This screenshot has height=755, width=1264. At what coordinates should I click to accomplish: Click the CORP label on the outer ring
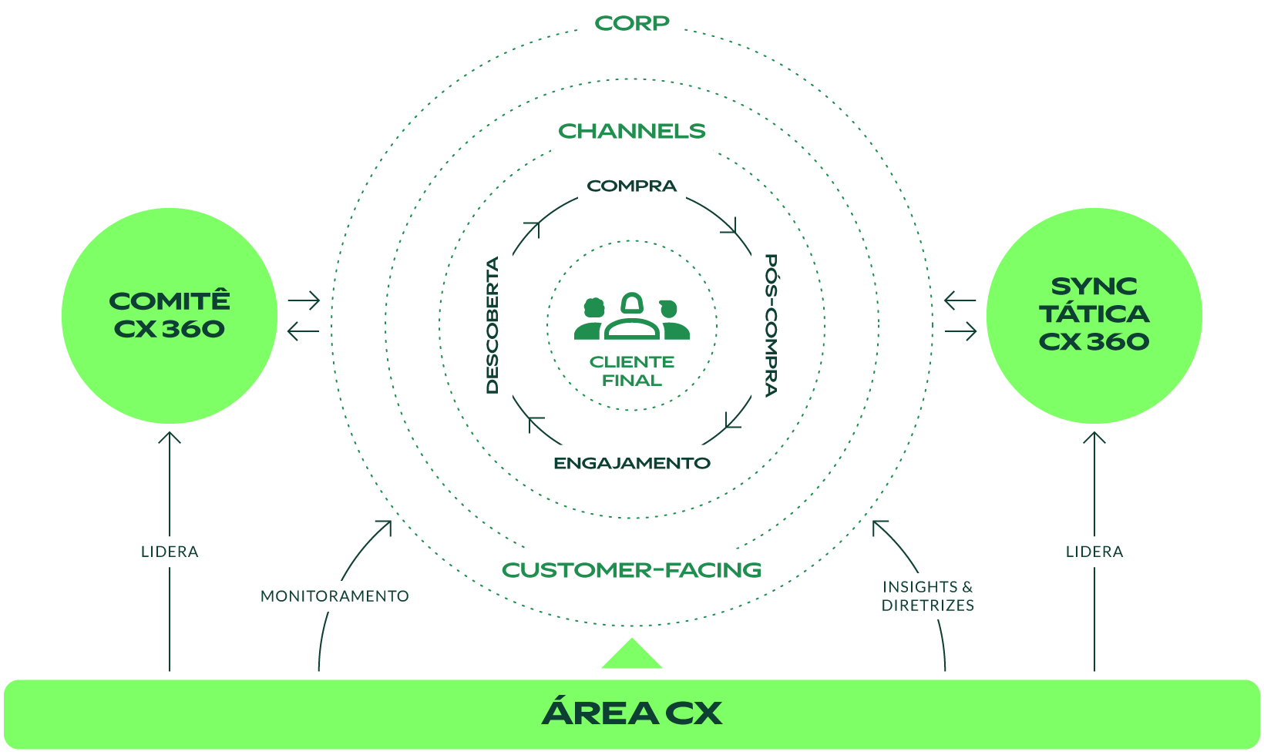pos(632,24)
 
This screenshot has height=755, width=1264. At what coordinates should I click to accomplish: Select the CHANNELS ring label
pos(632,132)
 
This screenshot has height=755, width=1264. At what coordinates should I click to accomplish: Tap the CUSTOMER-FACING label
pos(632,570)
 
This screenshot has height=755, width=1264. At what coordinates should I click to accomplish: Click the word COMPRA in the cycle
pos(632,186)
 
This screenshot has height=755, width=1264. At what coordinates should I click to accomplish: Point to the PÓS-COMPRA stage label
pos(770,325)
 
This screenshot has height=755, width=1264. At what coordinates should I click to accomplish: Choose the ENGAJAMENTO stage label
pos(632,464)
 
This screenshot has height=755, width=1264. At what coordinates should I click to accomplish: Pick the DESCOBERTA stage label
pos(493,325)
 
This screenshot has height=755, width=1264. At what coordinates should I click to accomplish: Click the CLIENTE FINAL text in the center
pos(632,371)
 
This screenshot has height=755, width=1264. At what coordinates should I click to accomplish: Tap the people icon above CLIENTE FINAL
pos(632,317)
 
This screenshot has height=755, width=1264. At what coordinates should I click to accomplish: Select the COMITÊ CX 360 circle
pos(170,316)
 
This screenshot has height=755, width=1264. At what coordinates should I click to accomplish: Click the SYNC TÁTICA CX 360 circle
pos(1094,316)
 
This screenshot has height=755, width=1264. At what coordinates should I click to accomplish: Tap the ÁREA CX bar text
pos(632,713)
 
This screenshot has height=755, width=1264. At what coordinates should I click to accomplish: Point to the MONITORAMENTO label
pos(334,596)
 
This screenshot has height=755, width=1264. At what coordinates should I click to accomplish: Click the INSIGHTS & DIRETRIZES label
pos(928,596)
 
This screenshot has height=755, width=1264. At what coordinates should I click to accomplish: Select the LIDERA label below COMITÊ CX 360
pos(170,552)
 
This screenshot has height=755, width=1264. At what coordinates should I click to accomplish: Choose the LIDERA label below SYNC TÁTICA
pos(1094,552)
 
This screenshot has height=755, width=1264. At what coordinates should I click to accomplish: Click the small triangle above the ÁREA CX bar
pos(632,656)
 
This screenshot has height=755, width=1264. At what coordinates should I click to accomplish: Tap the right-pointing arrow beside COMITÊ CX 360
pos(304,300)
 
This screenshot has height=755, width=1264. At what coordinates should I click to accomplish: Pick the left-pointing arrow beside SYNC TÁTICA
pos(960,300)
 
